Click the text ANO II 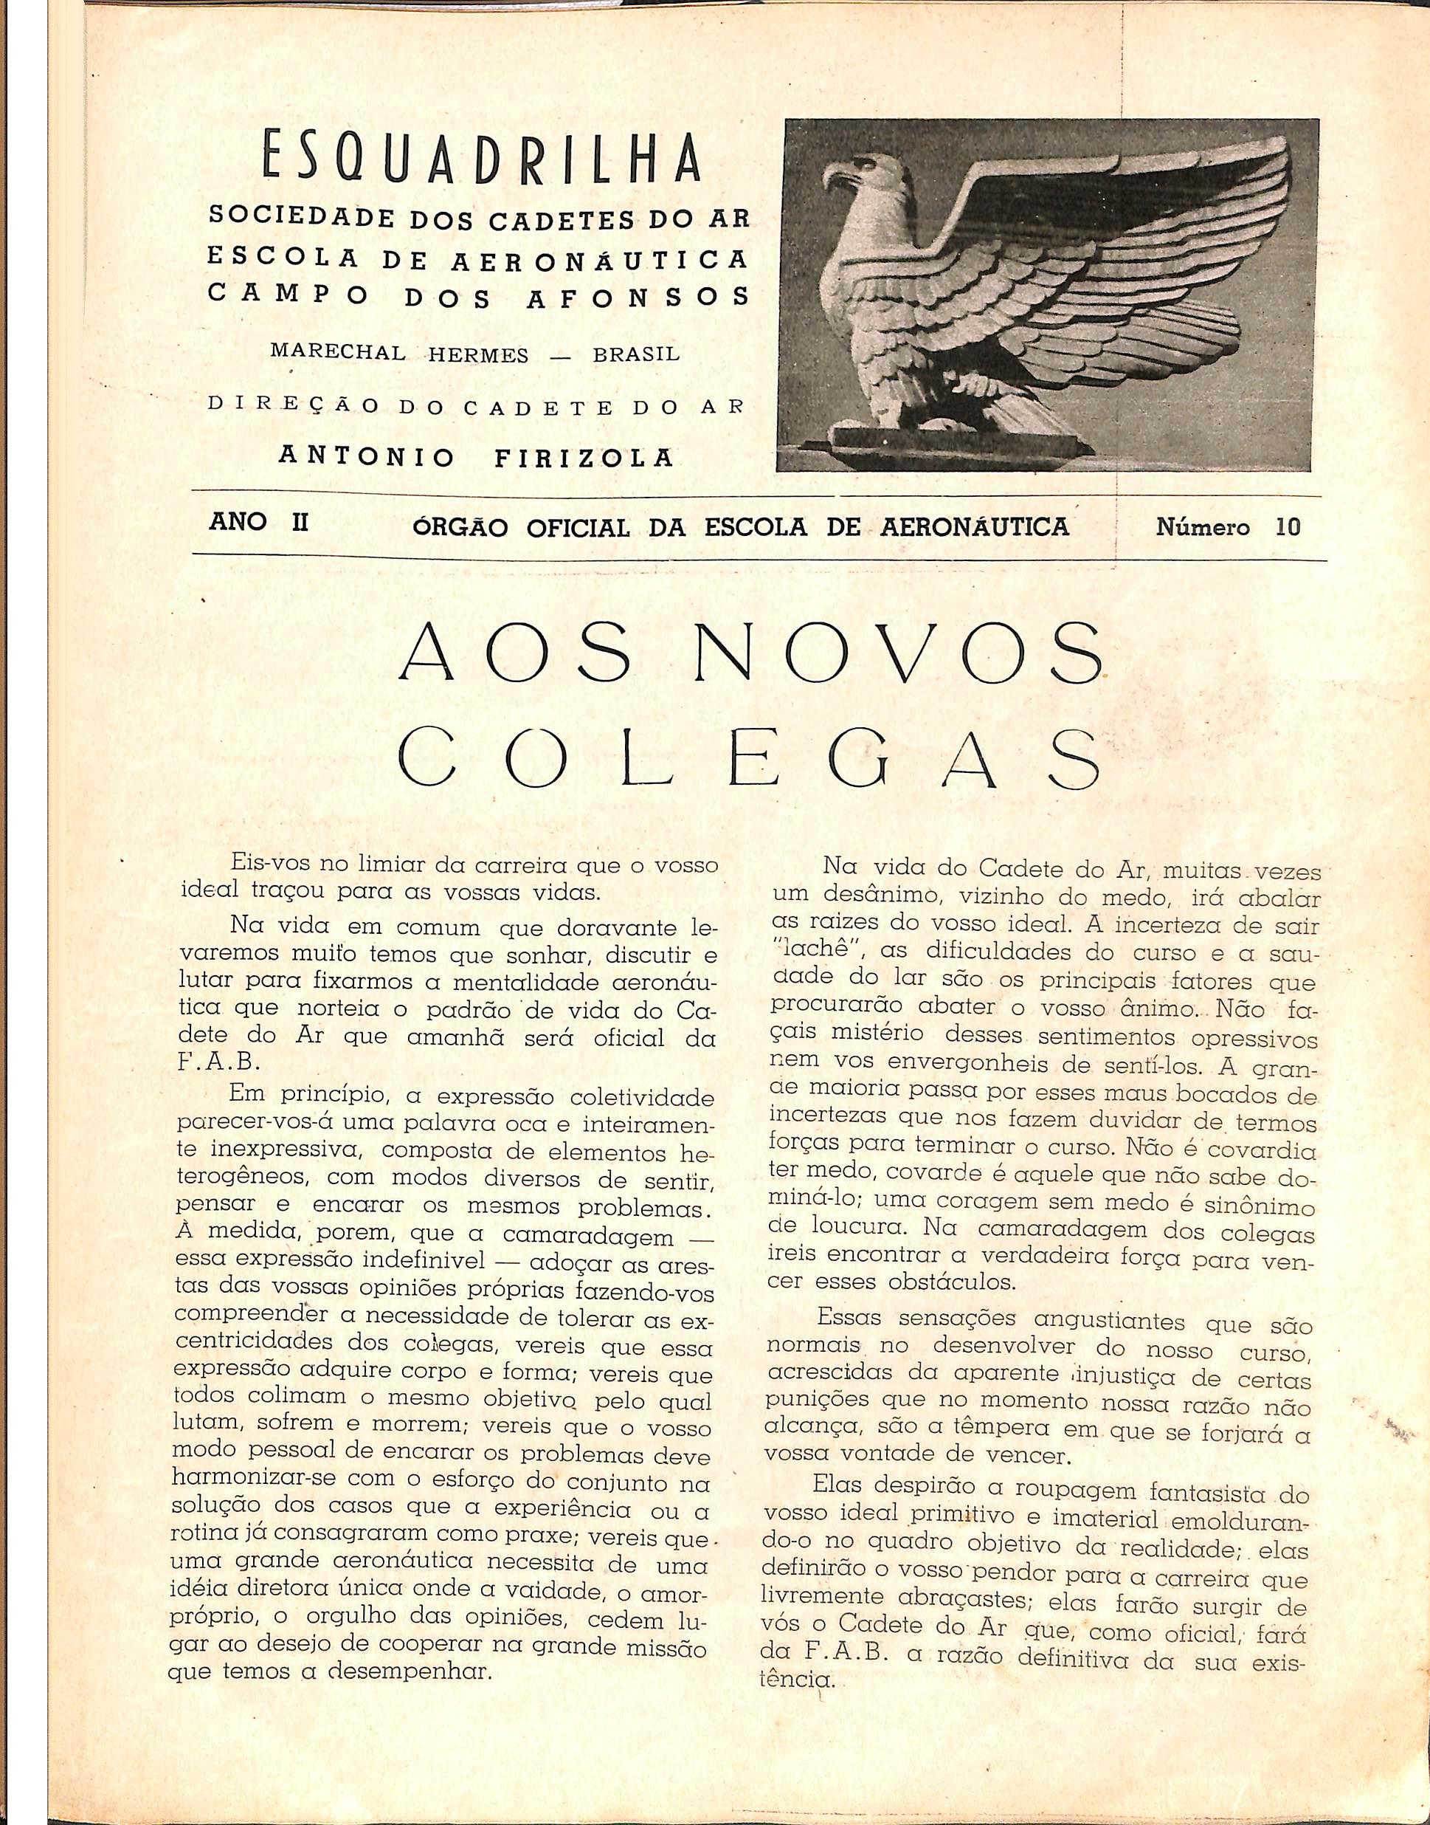click(259, 523)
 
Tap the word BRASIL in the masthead click(636, 354)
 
